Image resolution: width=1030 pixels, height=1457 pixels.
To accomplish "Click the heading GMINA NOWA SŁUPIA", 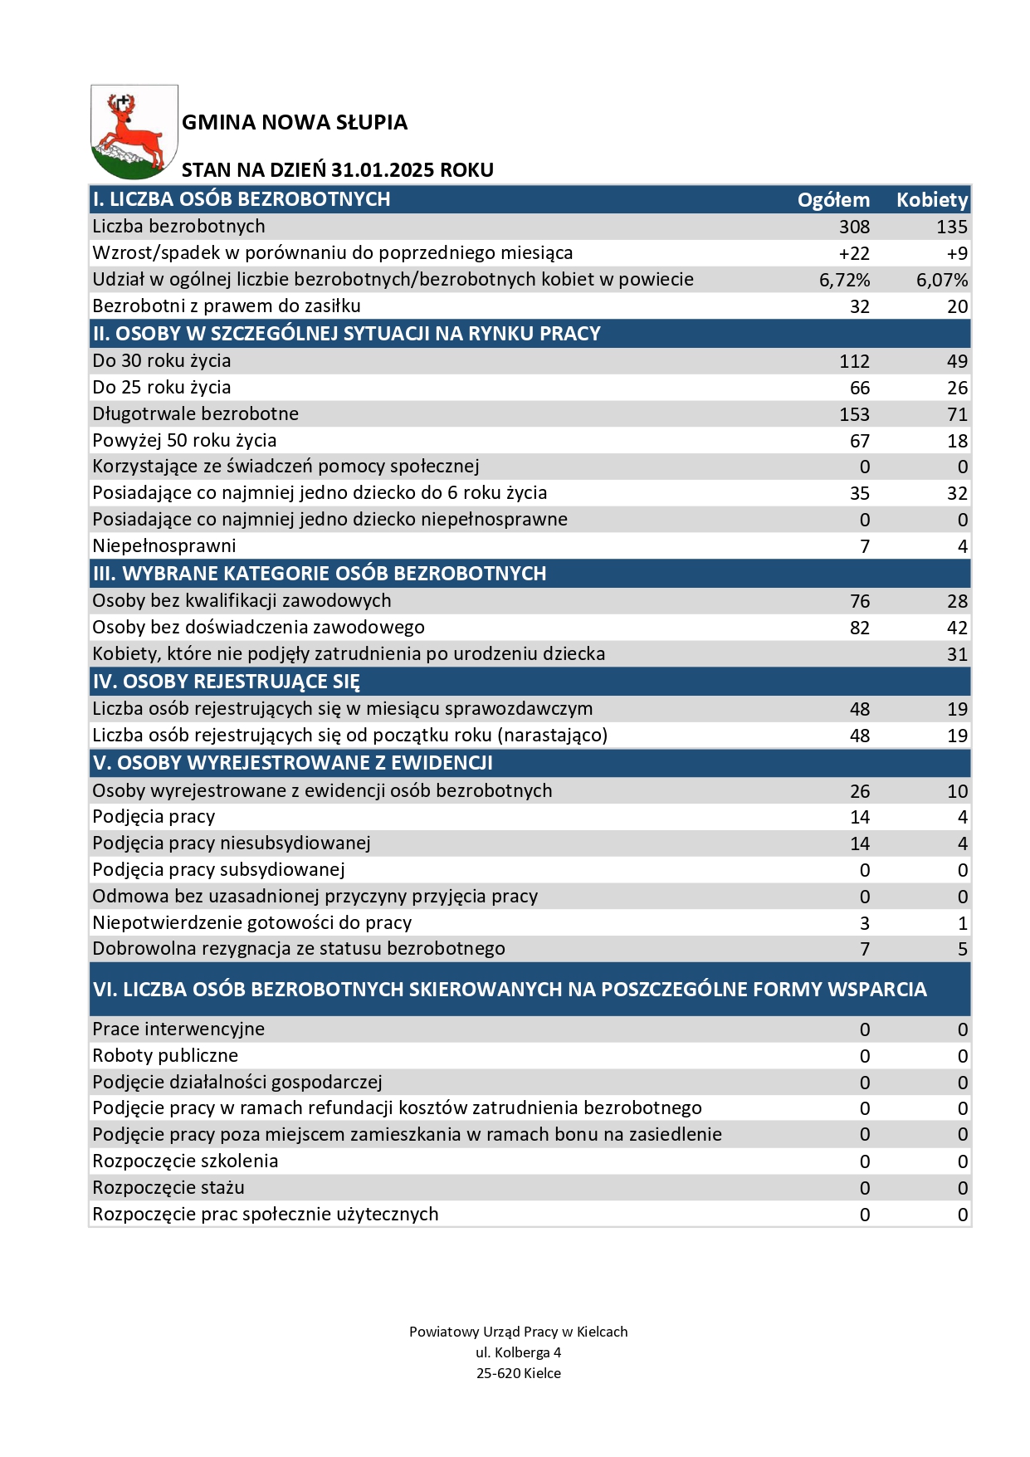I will click(x=295, y=123).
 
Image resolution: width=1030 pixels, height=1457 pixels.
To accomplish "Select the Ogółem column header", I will click(x=833, y=200).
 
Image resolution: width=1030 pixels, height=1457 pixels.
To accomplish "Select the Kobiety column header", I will click(x=931, y=200).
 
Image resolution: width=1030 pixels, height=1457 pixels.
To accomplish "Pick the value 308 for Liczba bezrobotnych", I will click(x=854, y=227).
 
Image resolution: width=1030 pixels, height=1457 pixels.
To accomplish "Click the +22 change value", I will click(x=854, y=253).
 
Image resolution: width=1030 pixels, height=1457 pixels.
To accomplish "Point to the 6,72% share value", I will click(x=844, y=280).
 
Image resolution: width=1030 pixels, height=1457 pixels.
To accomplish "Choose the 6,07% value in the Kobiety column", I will click(x=941, y=280).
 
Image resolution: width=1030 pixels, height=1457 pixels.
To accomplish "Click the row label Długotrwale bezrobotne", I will click(x=195, y=413).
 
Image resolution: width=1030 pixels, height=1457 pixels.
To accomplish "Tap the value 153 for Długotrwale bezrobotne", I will click(x=854, y=414).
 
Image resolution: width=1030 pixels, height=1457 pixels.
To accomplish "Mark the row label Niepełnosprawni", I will click(x=164, y=545).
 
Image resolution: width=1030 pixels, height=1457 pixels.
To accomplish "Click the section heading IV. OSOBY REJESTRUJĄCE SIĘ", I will click(x=226, y=682).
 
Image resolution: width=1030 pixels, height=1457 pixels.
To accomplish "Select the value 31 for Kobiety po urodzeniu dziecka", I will click(x=957, y=654).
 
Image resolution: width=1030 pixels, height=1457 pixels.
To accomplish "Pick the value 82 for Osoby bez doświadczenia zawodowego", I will click(x=859, y=628).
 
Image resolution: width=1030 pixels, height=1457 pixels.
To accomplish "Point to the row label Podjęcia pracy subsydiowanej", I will click(x=218, y=869).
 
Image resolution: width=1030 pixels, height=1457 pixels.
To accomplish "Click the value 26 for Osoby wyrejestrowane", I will click(x=859, y=791).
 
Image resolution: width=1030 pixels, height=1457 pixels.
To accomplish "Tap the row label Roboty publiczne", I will click(x=165, y=1055).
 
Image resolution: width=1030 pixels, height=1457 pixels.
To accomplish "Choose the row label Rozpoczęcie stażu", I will click(x=168, y=1187).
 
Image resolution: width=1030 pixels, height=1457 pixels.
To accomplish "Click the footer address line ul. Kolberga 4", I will click(x=518, y=1352).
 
